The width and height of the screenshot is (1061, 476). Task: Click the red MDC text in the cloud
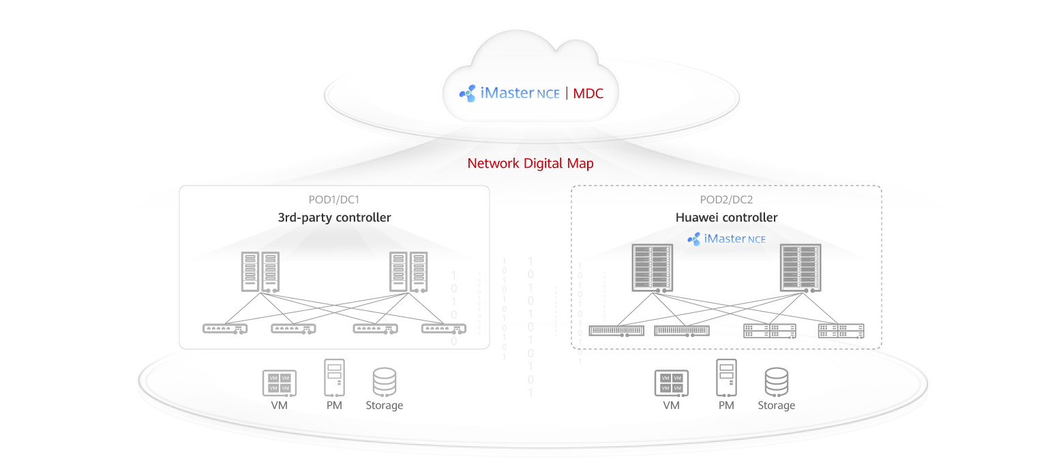click(588, 93)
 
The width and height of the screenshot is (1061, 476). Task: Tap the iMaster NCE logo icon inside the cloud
click(467, 93)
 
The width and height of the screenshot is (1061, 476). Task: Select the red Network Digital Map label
click(530, 164)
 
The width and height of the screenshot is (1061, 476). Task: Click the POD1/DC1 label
click(334, 200)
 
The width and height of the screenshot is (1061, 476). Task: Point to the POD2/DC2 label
click(726, 200)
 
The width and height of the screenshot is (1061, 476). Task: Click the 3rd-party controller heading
click(334, 218)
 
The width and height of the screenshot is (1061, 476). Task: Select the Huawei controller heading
click(726, 218)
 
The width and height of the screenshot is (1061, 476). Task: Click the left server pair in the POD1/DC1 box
click(260, 272)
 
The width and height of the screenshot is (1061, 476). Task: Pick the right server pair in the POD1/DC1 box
click(408, 272)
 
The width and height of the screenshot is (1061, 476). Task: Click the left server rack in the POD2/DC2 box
click(651, 268)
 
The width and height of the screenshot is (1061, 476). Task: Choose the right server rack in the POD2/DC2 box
click(801, 268)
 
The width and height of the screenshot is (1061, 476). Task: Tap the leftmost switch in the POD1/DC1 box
click(225, 329)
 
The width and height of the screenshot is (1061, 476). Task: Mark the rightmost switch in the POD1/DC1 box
click(444, 329)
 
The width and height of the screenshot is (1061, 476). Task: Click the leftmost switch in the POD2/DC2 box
click(616, 331)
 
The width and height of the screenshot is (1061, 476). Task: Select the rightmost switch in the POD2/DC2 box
click(841, 331)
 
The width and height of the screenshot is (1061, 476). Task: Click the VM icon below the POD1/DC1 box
click(279, 383)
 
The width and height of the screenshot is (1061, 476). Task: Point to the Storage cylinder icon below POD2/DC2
click(776, 382)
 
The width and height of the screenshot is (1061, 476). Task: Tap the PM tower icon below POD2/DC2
click(726, 378)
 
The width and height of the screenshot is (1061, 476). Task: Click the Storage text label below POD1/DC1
click(385, 405)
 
